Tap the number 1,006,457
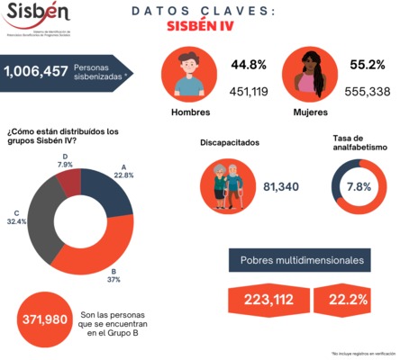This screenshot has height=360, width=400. point(37,70)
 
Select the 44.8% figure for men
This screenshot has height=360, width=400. point(248,66)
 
